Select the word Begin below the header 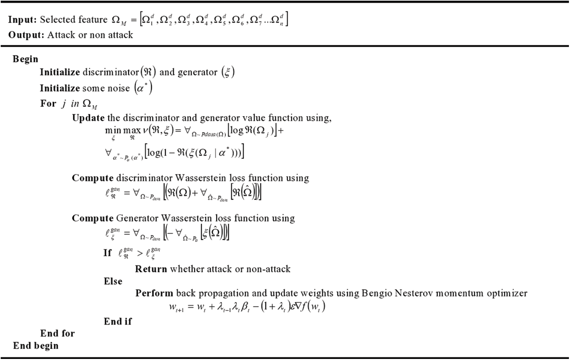(25, 59)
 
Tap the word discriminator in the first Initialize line (110, 72)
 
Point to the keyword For (48, 104)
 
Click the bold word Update (88, 118)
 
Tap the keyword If (108, 253)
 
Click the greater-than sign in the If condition (140, 253)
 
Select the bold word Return (151, 269)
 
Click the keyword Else (113, 281)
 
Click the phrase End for (58, 333)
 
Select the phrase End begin (36, 346)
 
